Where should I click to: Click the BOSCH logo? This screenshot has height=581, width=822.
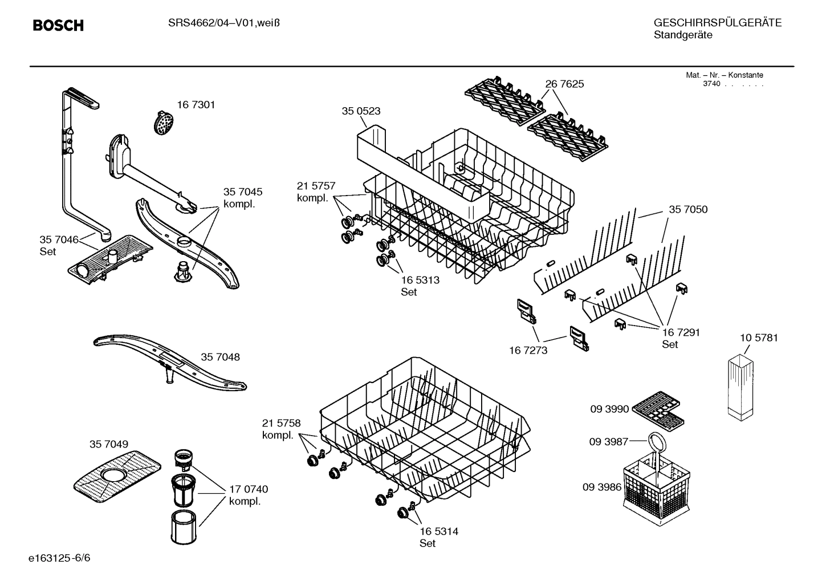[x=58, y=26]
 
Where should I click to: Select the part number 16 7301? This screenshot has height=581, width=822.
[x=196, y=105]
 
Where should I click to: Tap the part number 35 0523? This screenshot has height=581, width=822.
[x=361, y=111]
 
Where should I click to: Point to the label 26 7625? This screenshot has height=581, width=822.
[x=564, y=84]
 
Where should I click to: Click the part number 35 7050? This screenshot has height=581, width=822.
[x=688, y=210]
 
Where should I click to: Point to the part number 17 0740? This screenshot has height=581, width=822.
[x=249, y=489]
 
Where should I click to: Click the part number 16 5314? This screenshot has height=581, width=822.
[x=438, y=531]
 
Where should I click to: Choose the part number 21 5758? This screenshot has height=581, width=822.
[x=281, y=423]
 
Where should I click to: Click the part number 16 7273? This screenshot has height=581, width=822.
[x=528, y=350]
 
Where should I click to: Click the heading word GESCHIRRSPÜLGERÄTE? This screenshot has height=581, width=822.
[x=717, y=23]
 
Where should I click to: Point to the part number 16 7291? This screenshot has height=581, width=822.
[x=681, y=332]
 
